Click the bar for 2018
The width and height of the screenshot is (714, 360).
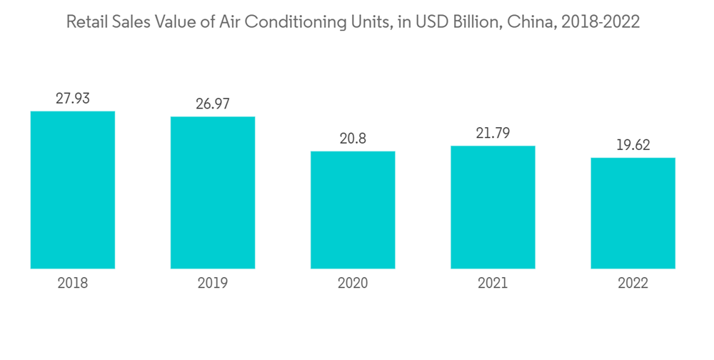point(73,190)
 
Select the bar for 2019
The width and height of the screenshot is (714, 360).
point(213,193)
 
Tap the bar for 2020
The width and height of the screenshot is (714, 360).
point(353,210)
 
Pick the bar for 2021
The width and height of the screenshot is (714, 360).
point(493,207)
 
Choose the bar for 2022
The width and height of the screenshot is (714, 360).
point(633,213)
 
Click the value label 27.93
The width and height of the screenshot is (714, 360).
point(73,99)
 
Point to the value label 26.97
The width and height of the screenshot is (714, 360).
point(213,104)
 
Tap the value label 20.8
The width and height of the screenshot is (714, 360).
point(353,139)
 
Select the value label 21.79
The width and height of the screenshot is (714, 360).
point(493,133)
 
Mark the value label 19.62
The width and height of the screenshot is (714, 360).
point(633,145)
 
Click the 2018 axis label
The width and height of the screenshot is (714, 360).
point(73,284)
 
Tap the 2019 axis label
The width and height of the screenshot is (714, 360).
point(213,284)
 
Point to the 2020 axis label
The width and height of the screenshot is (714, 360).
point(353,284)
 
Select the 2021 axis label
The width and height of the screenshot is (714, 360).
point(493,284)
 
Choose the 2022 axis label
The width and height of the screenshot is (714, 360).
point(633,284)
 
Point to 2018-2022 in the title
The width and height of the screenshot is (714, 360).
point(600,23)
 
